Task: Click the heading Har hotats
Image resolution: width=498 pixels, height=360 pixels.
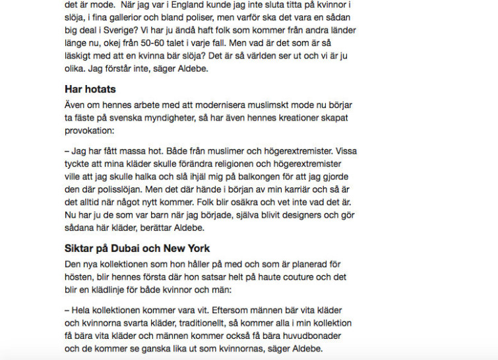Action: [90, 89]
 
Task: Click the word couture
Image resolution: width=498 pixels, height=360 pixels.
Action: [290, 277]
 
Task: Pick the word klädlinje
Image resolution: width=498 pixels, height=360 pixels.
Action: [119, 289]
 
